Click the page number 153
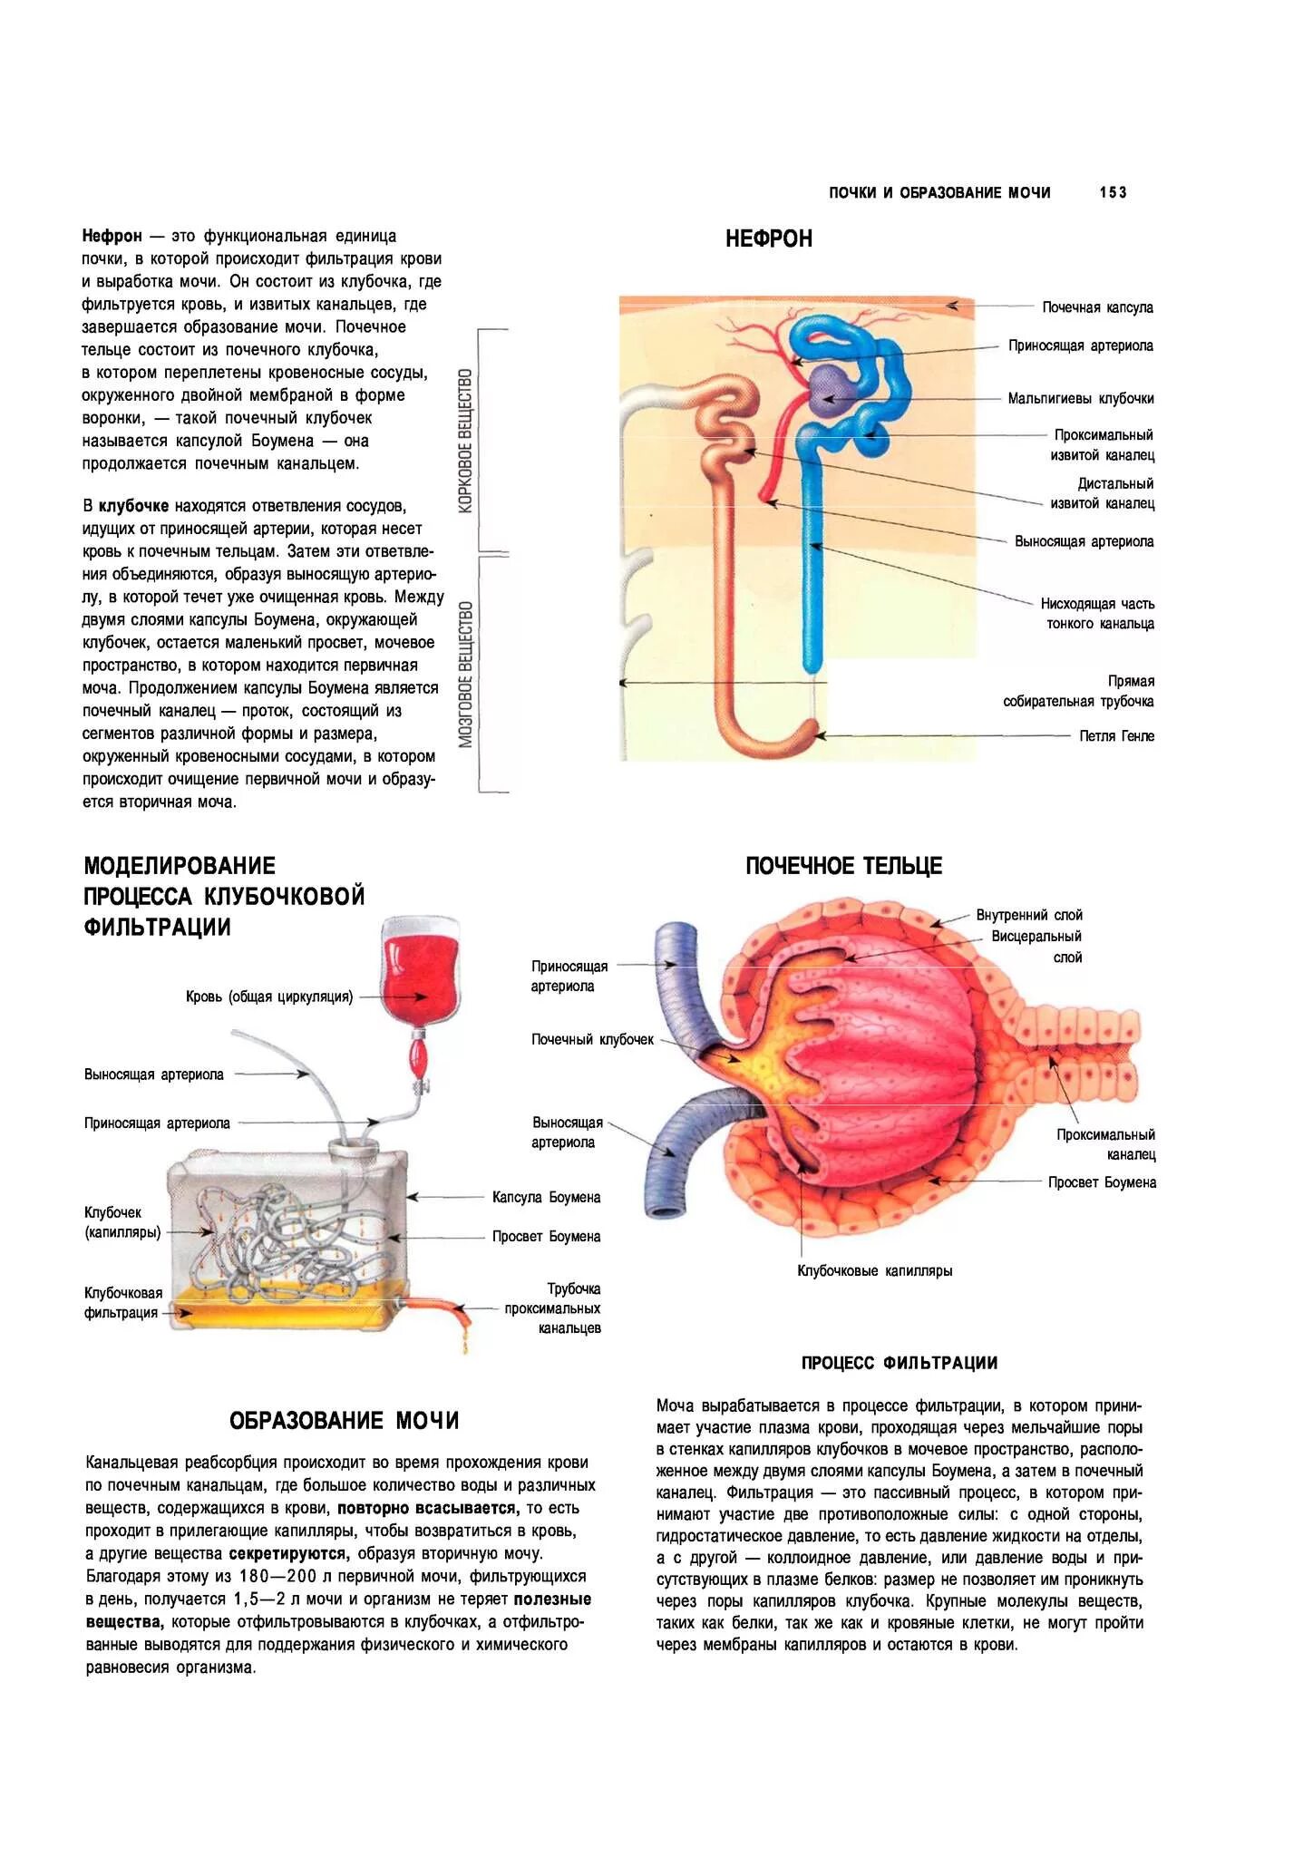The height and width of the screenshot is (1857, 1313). [x=1113, y=192]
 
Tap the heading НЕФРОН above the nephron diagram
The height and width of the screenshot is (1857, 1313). [x=768, y=239]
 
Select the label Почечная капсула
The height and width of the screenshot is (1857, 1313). [x=1097, y=307]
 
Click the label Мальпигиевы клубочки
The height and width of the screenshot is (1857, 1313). [x=1081, y=398]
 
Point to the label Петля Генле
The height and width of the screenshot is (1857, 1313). [x=1116, y=736]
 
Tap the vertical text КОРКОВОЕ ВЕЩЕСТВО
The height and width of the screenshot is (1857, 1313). [x=466, y=441]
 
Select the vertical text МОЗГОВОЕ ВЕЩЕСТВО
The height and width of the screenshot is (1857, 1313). [x=466, y=674]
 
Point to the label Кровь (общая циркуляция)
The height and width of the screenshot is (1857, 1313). [x=269, y=997]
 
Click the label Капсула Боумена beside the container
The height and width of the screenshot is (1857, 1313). [x=546, y=1197]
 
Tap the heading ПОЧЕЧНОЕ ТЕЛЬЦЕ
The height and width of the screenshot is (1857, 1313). [x=843, y=866]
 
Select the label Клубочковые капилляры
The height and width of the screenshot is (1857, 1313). [x=874, y=1270]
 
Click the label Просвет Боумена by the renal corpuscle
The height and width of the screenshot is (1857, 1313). [x=1102, y=1182]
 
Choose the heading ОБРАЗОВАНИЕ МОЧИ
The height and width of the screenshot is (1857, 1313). [x=345, y=1420]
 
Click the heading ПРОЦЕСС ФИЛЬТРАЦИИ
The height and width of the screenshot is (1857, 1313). [x=899, y=1363]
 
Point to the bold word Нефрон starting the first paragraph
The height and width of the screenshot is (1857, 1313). [x=112, y=236]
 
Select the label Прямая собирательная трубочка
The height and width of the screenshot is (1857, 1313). [x=1078, y=692]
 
